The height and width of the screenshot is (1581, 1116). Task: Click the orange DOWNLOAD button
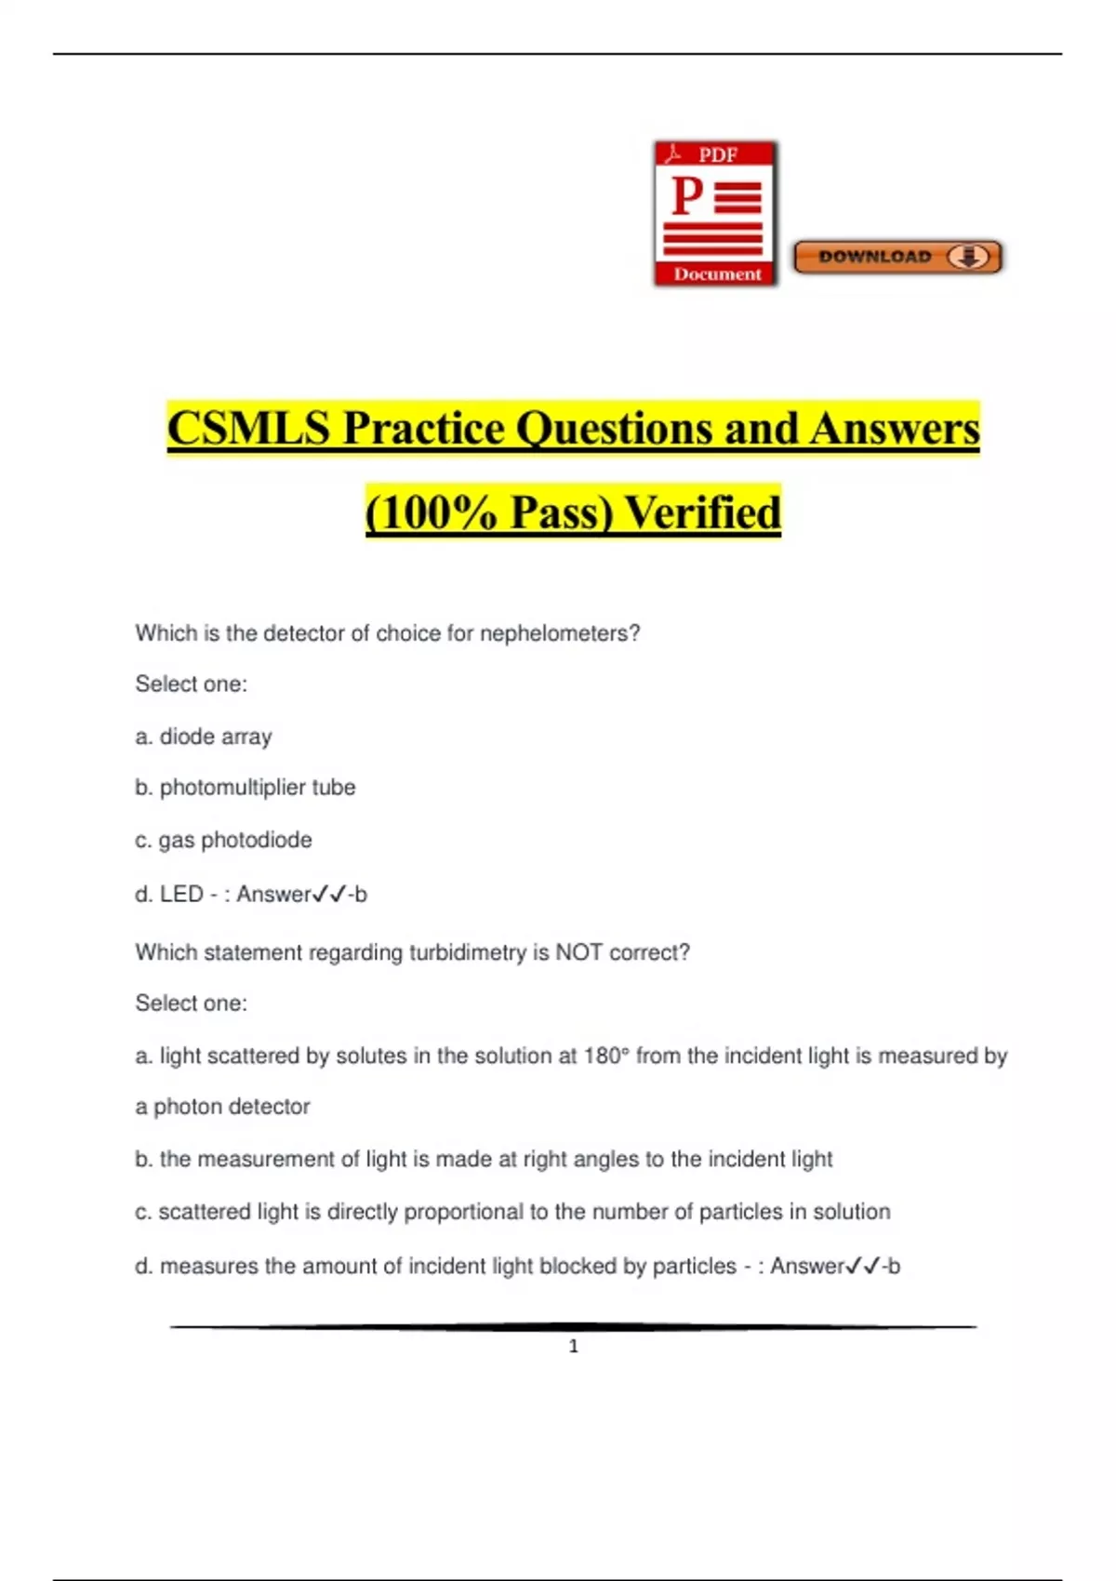(897, 257)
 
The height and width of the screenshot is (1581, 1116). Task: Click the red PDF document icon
(715, 214)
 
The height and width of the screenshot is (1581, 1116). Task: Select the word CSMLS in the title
(248, 429)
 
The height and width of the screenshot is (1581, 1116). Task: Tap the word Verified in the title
(702, 512)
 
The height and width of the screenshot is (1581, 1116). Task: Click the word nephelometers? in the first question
(560, 633)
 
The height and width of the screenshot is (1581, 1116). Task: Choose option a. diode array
(204, 737)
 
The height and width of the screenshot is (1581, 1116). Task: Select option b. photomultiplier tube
(246, 788)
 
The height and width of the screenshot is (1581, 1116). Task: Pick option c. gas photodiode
(223, 840)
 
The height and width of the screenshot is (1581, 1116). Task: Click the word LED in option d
(181, 894)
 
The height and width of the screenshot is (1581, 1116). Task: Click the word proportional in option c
(463, 1212)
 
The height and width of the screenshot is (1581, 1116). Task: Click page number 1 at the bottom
(574, 1346)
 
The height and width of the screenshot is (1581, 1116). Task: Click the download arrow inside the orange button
(969, 257)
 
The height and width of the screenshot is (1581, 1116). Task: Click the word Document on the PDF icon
(717, 274)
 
